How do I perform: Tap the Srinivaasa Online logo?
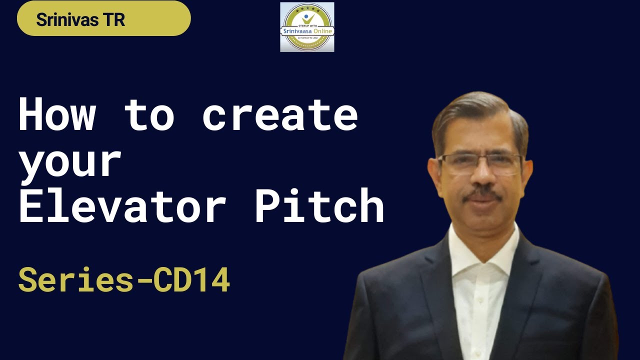click(x=307, y=27)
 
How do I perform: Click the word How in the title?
click(x=56, y=114)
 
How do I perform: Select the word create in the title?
click(x=280, y=114)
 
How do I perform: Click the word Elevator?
click(x=122, y=205)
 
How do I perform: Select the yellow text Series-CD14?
click(x=124, y=280)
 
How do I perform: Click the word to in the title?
click(x=149, y=114)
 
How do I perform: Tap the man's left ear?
click(x=527, y=172)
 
